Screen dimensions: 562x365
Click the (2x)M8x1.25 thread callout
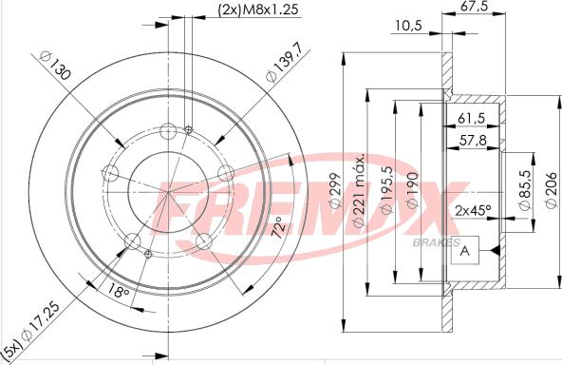click(258, 9)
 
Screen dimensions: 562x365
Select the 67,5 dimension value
click(475, 6)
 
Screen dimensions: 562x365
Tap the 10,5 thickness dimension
click(409, 25)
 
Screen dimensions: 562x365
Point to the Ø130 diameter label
click(55, 66)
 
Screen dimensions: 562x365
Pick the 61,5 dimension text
click(471, 118)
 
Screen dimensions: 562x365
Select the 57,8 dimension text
click(473, 140)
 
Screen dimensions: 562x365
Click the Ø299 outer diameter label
click(334, 190)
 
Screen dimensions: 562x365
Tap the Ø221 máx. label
click(359, 190)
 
